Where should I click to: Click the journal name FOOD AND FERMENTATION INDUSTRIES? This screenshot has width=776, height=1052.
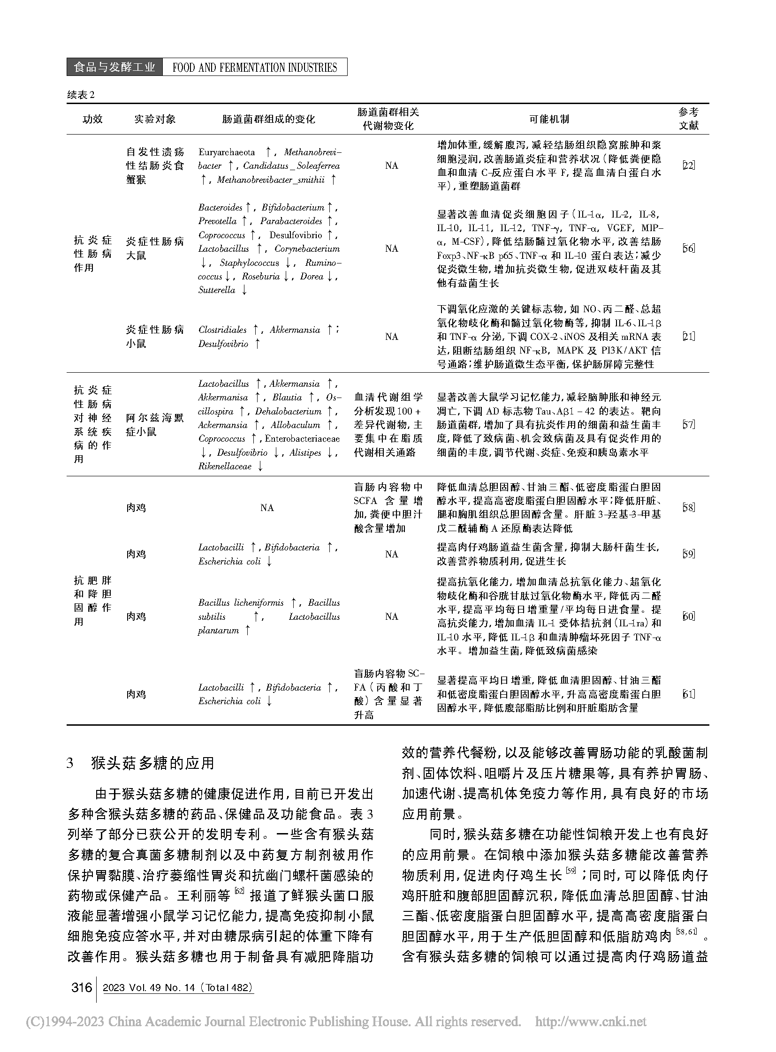[x=255, y=68]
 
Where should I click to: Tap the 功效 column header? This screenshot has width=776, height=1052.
[x=92, y=119]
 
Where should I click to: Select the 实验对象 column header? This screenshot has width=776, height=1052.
[x=155, y=119]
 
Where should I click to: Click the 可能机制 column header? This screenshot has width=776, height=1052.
[x=548, y=119]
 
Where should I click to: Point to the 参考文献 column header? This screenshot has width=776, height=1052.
[x=689, y=119]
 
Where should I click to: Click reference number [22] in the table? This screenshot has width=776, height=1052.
[x=688, y=165]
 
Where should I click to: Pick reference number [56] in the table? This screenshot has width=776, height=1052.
[x=688, y=248]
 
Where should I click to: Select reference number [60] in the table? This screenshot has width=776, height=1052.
[x=688, y=616]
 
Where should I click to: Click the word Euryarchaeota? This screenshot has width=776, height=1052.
[x=227, y=152]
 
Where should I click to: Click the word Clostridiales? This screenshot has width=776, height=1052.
[x=223, y=330]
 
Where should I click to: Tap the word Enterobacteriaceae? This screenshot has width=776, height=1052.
[x=303, y=439]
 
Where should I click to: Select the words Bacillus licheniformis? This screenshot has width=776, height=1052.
[x=241, y=603]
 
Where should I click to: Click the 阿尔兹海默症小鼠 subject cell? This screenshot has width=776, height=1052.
[x=155, y=425]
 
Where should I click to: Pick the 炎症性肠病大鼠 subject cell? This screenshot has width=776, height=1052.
[x=155, y=248]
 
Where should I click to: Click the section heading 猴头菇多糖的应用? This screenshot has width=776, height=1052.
[x=152, y=764]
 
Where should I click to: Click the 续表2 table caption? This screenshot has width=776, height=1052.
[x=81, y=95]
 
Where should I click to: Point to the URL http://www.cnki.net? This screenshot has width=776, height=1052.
[x=591, y=1022]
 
